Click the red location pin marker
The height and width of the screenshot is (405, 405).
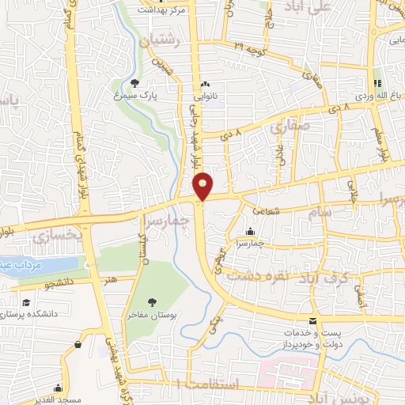click(x=203, y=185)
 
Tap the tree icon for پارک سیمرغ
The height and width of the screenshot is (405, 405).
click(x=135, y=82)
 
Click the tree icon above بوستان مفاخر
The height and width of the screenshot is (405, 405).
click(x=153, y=301)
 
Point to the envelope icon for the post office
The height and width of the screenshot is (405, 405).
click(x=313, y=321)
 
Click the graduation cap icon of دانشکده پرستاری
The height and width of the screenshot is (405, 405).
click(x=27, y=304)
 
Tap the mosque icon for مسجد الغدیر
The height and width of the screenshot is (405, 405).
click(x=57, y=388)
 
